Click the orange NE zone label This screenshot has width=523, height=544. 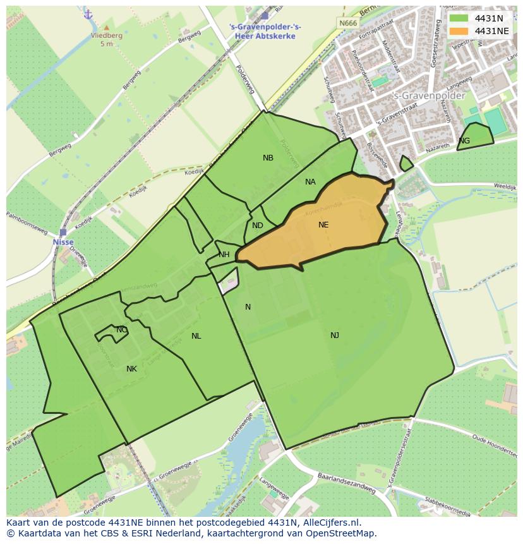323,224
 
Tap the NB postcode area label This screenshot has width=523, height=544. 268,158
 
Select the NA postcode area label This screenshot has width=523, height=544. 310,182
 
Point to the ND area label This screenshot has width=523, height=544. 258,226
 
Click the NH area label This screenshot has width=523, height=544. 224,255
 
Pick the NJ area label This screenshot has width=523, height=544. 335,335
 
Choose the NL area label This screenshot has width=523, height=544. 196,336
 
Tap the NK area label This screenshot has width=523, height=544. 131,369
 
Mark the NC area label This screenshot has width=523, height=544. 121,330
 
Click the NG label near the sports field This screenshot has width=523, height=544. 464,141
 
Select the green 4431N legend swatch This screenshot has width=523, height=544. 459,18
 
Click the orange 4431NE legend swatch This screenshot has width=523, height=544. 459,31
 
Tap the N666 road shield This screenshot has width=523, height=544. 347,23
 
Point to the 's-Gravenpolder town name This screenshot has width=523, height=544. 429,96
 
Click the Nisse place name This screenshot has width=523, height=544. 63,242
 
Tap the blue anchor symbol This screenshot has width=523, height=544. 88,14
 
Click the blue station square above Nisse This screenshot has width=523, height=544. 63,232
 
